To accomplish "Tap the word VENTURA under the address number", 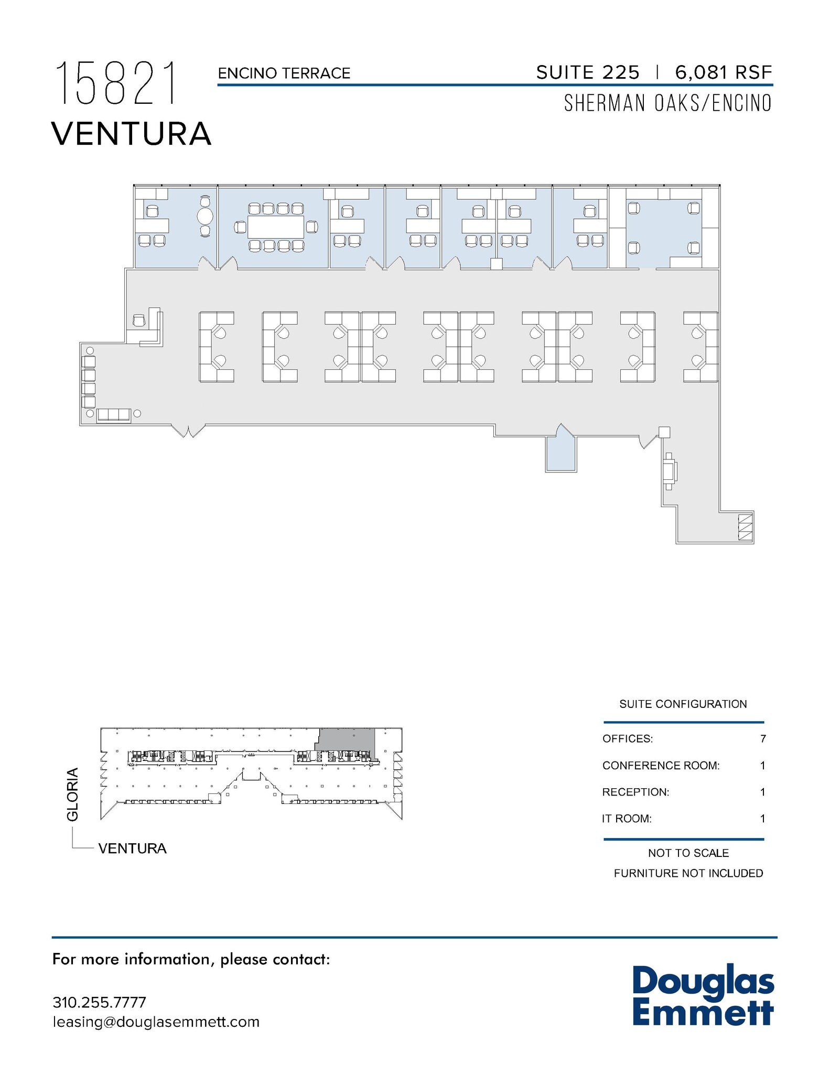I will [x=131, y=134].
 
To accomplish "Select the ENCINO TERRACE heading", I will [x=284, y=73].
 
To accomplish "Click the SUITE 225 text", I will [x=587, y=72].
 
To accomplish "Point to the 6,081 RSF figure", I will [x=723, y=72].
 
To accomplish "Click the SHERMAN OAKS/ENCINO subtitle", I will [x=667, y=103].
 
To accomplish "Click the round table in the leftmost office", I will [x=205, y=216].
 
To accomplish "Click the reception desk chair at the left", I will [x=139, y=320].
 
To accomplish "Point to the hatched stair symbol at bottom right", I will [x=745, y=527].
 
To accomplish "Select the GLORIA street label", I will [x=72, y=794].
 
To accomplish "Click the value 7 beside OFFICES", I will [x=763, y=738].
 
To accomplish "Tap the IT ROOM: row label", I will [x=627, y=819].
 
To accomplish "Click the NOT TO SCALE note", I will [x=688, y=853].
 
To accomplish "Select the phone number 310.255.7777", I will [x=99, y=1002].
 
